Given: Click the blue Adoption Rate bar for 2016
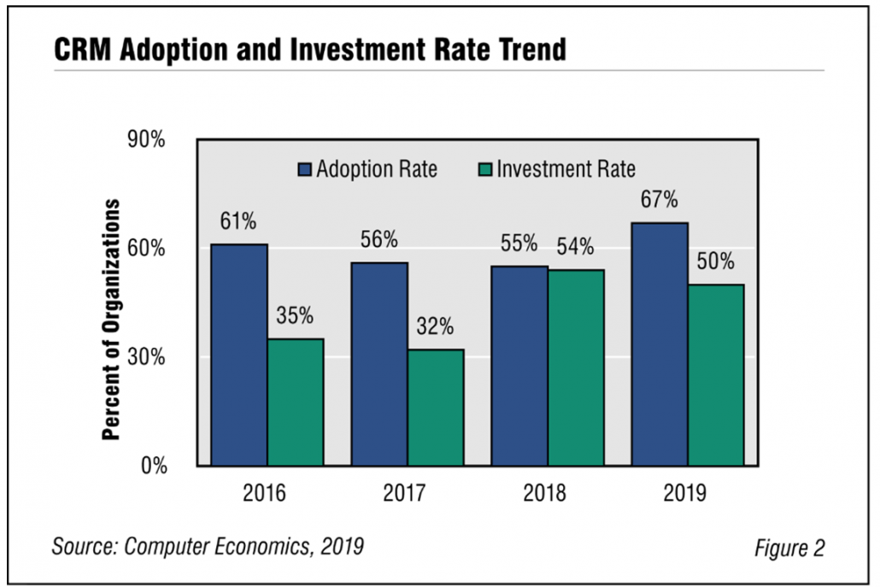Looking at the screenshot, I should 239,355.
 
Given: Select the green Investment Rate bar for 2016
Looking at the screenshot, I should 296,402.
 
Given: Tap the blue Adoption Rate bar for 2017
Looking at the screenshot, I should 379,363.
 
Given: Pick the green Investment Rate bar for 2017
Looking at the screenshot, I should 436,407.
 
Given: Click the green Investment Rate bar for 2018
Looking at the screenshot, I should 576,367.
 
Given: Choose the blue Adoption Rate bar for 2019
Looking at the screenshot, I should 660,343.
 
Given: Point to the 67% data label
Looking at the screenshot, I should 660,201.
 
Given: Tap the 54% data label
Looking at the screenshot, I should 576,247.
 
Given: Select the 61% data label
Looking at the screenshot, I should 239,222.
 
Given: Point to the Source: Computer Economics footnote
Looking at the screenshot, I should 208,546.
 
